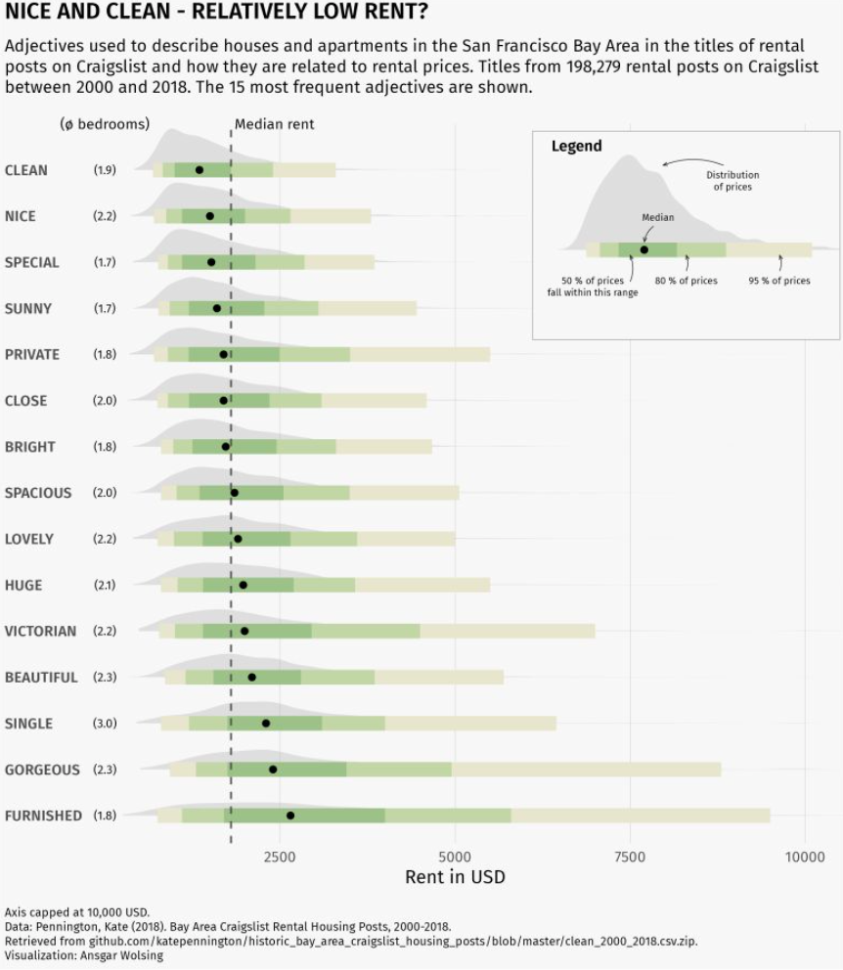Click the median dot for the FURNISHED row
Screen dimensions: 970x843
point(290,816)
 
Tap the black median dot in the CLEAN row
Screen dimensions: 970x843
point(200,170)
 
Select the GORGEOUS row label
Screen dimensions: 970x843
point(42,770)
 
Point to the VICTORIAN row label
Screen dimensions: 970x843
point(40,631)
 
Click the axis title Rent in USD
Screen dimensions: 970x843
point(455,877)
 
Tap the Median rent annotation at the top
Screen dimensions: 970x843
point(275,125)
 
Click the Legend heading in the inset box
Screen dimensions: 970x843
point(577,147)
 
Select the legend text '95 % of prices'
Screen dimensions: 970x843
point(779,281)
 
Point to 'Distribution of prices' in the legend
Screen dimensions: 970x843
point(732,181)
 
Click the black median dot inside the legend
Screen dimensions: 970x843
point(643,249)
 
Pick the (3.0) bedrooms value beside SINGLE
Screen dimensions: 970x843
point(105,724)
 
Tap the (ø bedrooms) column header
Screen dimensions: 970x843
point(105,124)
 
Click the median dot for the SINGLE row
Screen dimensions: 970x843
point(266,724)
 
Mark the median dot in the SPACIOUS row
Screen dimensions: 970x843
point(234,493)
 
